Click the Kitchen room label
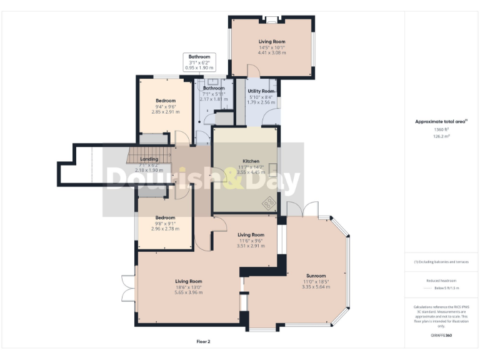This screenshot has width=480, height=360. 251,161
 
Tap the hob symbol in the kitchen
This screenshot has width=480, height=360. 269,203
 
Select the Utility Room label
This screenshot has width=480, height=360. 261,91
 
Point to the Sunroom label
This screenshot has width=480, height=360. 316,276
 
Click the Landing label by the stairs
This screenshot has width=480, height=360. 149,159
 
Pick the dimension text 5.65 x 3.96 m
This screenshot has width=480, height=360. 188,292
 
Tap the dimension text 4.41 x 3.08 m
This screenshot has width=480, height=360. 272,53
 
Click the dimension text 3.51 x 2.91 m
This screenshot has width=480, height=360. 250,246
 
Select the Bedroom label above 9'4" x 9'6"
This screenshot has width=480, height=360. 166,101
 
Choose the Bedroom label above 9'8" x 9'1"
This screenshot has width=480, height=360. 165,217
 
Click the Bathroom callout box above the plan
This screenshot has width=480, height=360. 201,62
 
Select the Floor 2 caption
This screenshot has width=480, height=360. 203,341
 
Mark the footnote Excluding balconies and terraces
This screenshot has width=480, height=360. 441,262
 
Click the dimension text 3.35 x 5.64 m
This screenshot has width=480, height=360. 316,287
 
